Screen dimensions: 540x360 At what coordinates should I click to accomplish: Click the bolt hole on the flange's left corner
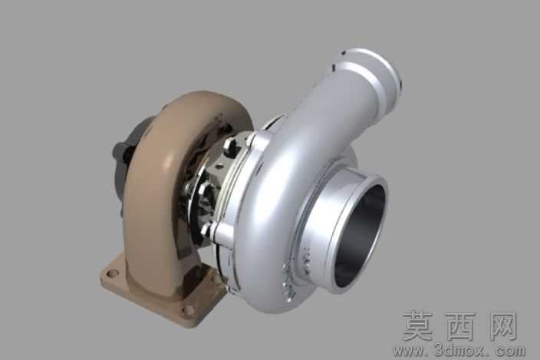tap(112, 274)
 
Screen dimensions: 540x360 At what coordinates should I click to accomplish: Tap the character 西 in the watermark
tap(459, 326)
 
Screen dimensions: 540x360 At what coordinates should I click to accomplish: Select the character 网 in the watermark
tap(502, 326)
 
